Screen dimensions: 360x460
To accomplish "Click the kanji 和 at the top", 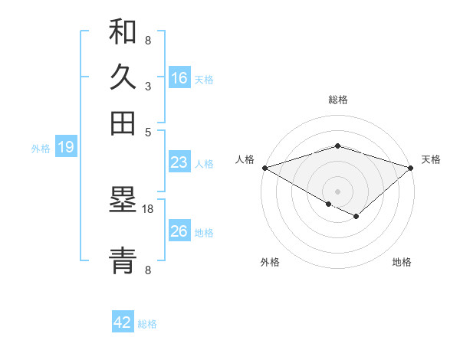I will coord(123,33).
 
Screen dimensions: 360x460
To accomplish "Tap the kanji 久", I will coord(123,77).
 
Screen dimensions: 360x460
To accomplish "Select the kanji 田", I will coord(123,123).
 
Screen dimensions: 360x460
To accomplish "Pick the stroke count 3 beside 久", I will coord(148,87).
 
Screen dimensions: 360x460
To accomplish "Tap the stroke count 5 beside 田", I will coord(148,131).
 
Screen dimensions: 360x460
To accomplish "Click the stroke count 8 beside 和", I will coord(148,40).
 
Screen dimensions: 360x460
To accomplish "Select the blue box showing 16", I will coord(179,78).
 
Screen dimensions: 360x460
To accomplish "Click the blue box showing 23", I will coord(179,162).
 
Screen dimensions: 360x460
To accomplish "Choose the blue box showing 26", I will coord(179,231).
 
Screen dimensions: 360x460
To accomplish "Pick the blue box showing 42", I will coord(123,322).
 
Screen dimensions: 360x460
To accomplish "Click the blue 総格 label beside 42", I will coord(147,324).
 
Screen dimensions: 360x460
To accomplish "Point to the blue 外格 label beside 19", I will coord(41,149).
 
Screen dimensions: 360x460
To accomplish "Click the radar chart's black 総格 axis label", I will coord(337,100).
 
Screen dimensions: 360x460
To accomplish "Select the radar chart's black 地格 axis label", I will coord(402,262).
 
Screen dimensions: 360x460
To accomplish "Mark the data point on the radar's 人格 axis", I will coord(264,168).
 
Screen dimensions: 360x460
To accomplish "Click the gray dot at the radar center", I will coord(337,191).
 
